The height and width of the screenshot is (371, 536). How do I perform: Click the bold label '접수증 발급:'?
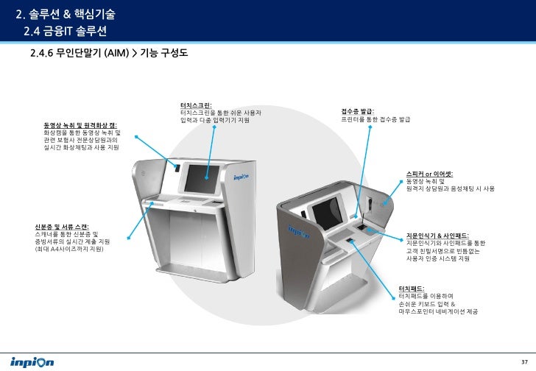(x=357, y=111)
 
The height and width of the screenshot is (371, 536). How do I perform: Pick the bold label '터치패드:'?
(x=412, y=288)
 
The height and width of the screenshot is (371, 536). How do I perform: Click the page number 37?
(x=523, y=360)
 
